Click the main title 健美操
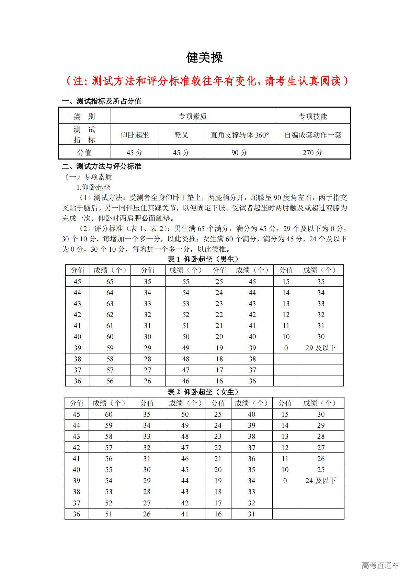pos(204,58)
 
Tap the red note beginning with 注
pos(206,81)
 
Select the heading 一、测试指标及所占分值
pos(102,101)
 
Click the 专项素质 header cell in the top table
pos(192,116)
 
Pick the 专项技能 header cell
pos(313,116)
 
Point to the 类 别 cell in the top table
pos(84,116)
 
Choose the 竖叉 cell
pos(181,135)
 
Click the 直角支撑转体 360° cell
pos(239,135)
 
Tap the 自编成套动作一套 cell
pos(313,135)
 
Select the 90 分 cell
pos(239,152)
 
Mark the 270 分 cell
pos(313,152)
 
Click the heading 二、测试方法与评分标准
pos(102,166)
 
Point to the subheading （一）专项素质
pos(88,177)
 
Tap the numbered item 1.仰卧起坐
pos(93,187)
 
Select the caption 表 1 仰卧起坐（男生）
pos(204,259)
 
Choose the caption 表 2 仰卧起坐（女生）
pos(204,392)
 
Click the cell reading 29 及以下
pos(321,348)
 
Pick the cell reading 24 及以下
pos(321,481)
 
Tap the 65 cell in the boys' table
pos(110,282)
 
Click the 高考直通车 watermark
pos(380,565)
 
